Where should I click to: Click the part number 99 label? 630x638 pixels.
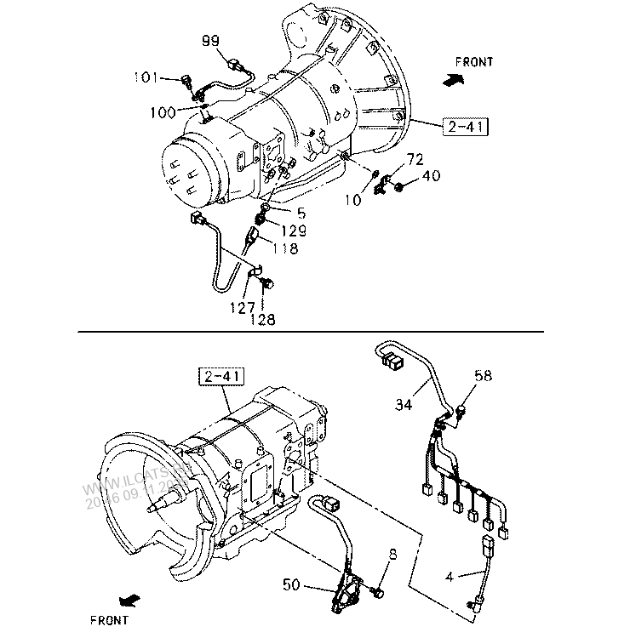coord(211,41)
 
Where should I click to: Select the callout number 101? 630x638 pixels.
coord(146,78)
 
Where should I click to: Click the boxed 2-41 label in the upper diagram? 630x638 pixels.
coord(467,128)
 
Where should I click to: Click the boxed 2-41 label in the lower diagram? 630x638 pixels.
coord(220,375)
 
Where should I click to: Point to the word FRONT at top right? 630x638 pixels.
coord(474,62)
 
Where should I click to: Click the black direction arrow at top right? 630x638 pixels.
coord(454,79)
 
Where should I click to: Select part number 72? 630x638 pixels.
coord(415,160)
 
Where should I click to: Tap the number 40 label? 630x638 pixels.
coord(431,176)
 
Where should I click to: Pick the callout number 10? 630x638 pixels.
coord(353,199)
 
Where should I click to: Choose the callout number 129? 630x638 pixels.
coord(291,231)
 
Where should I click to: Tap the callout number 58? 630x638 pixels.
coord(483,375)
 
